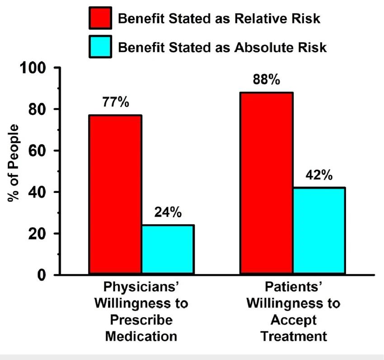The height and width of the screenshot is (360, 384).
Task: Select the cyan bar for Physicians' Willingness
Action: pyautogui.click(x=168, y=250)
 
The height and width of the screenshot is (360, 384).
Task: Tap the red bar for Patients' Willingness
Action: pyautogui.click(x=267, y=183)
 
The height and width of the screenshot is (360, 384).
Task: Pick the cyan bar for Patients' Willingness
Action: pyautogui.click(x=319, y=231)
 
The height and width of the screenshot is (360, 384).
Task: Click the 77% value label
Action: pyautogui.click(x=116, y=102)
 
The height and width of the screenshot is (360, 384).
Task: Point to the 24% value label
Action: pyautogui.click(x=168, y=212)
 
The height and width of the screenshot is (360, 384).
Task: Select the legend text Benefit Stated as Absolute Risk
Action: pyautogui.click(x=222, y=47)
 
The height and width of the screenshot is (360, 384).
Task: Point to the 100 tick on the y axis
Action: pyautogui.click(x=32, y=68)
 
